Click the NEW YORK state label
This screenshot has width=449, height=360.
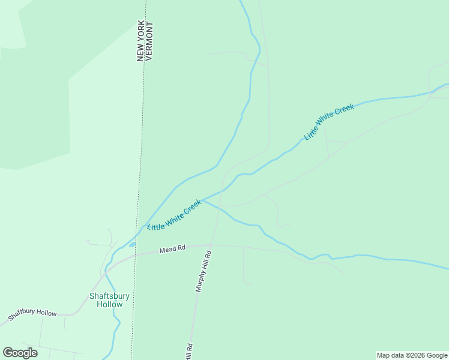(x=141, y=41)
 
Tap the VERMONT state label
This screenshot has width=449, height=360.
(x=150, y=41)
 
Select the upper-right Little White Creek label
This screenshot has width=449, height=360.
(x=329, y=122)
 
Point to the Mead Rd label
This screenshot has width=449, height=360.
(x=172, y=248)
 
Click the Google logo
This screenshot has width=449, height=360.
(x=20, y=353)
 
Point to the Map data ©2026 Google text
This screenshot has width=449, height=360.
(x=412, y=355)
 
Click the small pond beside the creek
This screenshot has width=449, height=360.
(x=132, y=244)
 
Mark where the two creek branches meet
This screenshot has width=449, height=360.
(x=202, y=200)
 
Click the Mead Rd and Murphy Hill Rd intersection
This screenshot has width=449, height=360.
(x=212, y=245)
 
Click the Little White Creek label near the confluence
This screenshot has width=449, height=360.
(x=175, y=215)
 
